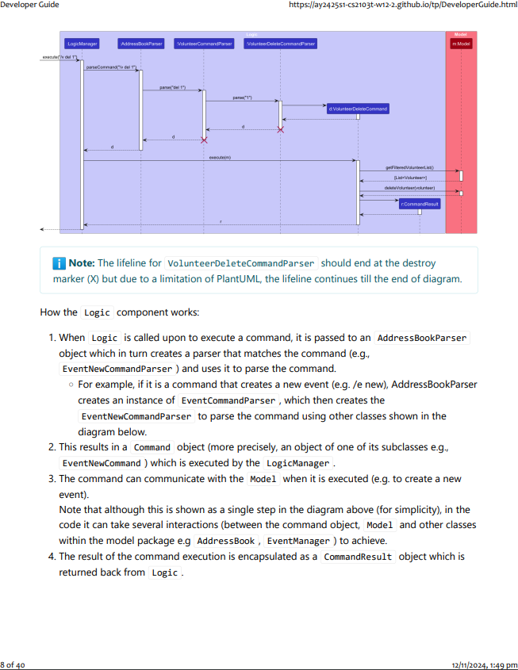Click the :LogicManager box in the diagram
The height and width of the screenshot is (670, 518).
(82, 44)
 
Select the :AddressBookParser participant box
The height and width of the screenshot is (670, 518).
(141, 44)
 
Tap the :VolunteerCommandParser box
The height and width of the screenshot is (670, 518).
(204, 44)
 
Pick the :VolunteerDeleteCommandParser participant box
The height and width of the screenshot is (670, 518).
(280, 44)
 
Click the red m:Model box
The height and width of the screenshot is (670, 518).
(461, 44)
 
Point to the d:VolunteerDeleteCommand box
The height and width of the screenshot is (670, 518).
(358, 109)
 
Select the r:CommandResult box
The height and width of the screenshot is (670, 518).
(420, 204)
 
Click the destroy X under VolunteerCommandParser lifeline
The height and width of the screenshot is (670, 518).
(204, 140)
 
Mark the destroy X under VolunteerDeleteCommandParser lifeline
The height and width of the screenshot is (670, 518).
(280, 129)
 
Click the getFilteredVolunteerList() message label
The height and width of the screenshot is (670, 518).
(409, 167)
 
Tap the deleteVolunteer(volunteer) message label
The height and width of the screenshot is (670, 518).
(409, 188)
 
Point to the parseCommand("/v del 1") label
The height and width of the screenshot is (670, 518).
(111, 68)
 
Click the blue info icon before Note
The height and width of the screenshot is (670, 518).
(59, 263)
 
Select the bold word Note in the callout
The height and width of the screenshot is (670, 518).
(81, 263)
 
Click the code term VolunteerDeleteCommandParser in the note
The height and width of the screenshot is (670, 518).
(240, 263)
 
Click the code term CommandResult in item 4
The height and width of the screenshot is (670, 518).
(357, 557)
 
